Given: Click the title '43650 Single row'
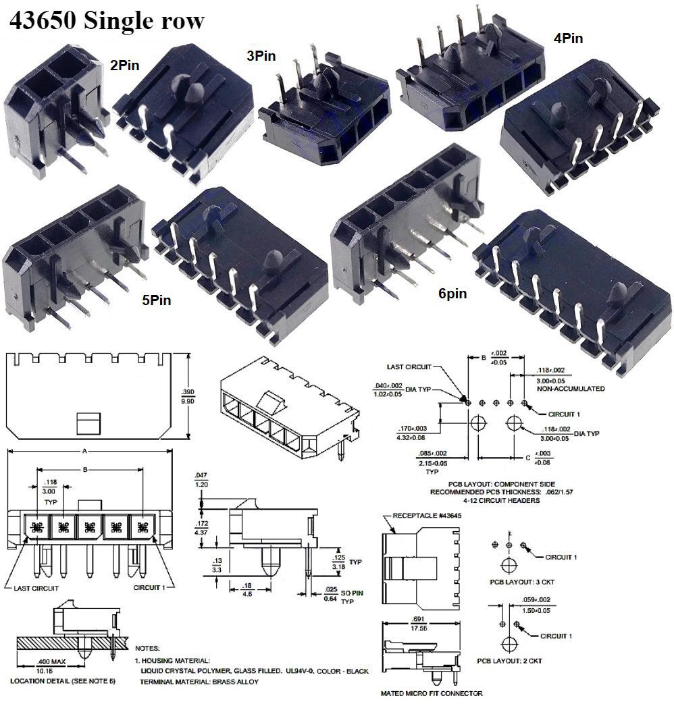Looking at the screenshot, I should click(105, 21).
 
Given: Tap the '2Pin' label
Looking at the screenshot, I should click(126, 65).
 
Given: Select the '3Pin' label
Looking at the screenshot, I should click(261, 57).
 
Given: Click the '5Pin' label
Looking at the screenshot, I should click(155, 300).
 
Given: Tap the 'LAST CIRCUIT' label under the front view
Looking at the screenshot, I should click(36, 588).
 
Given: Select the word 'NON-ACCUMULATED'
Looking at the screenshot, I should click(570, 389).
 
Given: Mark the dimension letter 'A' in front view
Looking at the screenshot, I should click(83, 451).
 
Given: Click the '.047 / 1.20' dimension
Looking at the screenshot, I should click(200, 480).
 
